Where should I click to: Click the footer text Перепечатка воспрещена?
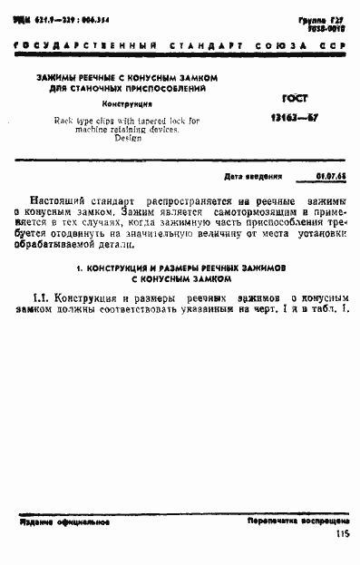(298, 523)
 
